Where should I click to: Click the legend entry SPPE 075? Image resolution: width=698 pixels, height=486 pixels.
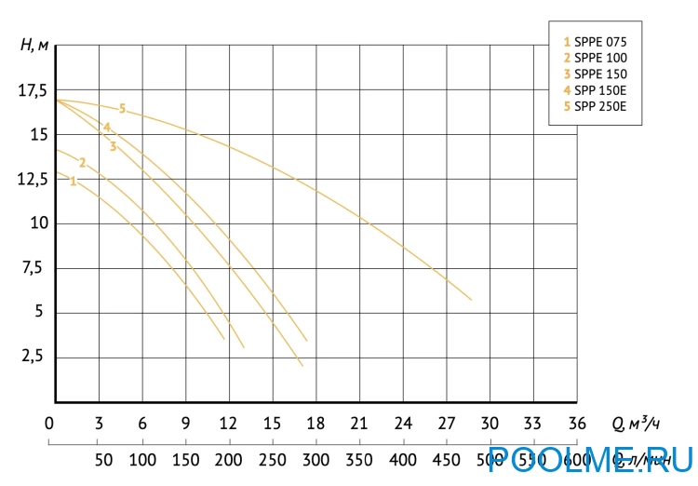pos(595,42)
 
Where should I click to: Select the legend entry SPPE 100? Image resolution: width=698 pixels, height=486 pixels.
pos(595,58)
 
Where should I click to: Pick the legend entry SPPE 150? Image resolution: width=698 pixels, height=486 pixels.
pos(595,74)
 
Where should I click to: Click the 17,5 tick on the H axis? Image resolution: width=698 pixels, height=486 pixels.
pos(31,90)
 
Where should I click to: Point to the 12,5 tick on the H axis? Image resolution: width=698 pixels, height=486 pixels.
pos(31,180)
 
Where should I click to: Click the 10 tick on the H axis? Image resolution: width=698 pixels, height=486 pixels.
pos(37,223)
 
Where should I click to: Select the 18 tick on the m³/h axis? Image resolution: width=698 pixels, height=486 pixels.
pos(315,424)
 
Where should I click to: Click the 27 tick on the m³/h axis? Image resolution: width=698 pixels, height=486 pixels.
pos(446,424)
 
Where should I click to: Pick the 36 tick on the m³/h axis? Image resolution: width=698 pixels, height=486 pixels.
pos(577,424)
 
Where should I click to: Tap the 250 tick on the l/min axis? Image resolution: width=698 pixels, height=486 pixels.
pos(272,459)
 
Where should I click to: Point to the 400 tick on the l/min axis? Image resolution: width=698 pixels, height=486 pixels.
pos(402,459)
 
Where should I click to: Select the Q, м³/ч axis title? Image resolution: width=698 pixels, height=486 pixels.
pos(636,424)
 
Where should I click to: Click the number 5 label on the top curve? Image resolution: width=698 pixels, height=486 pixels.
pos(122,109)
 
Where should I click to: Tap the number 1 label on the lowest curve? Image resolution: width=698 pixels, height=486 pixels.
pos(73,182)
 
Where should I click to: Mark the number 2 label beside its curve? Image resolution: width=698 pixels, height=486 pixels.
pos(82,163)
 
